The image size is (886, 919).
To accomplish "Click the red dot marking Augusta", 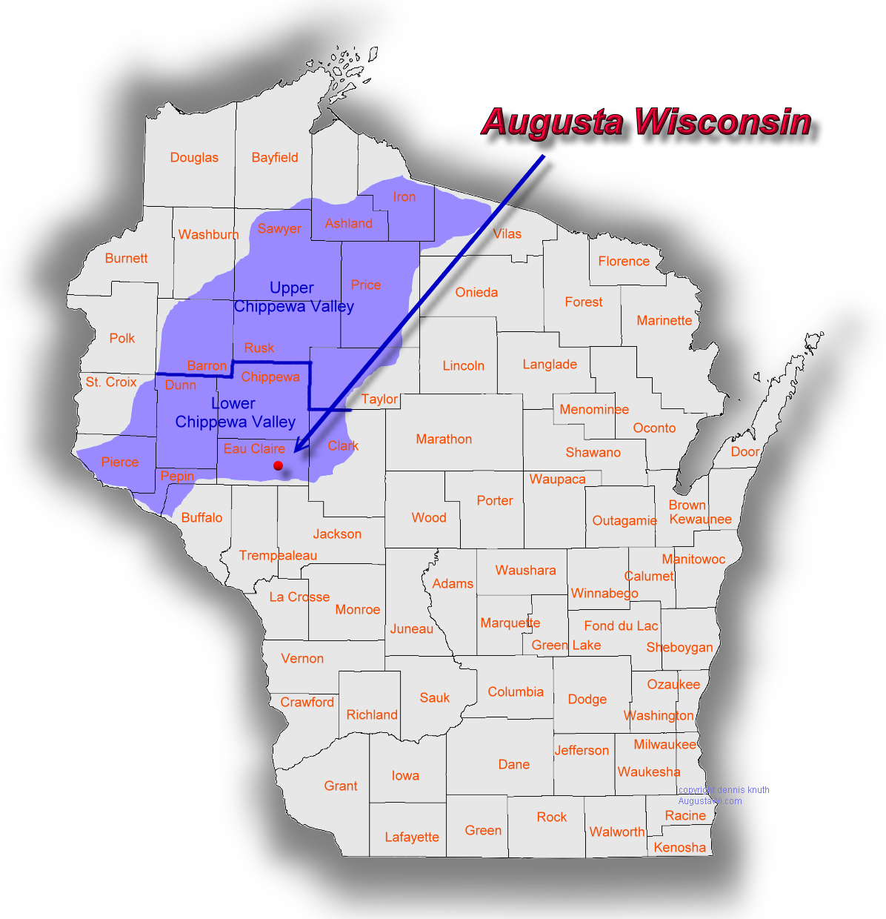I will pyautogui.click(x=278, y=465).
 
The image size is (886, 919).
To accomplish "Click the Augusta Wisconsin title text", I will pyautogui.click(x=646, y=122).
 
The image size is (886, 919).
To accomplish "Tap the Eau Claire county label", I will pyautogui.click(x=254, y=448).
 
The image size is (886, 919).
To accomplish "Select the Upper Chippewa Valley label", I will pyautogui.click(x=293, y=297).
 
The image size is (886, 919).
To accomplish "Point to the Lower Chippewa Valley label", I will pyautogui.click(x=235, y=413).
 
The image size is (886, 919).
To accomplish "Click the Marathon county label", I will pyautogui.click(x=444, y=439).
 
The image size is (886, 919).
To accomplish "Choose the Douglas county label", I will pyautogui.click(x=194, y=157).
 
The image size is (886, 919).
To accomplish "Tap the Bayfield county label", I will pyautogui.click(x=275, y=157).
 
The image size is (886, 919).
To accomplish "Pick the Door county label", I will pyautogui.click(x=745, y=451).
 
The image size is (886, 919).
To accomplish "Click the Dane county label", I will pyautogui.click(x=513, y=764).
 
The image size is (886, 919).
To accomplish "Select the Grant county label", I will pyautogui.click(x=341, y=786).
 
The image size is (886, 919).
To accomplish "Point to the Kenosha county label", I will pyautogui.click(x=679, y=847).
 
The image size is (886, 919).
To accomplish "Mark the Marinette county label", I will pyautogui.click(x=664, y=320).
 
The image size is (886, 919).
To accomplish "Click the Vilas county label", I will pyautogui.click(x=507, y=233).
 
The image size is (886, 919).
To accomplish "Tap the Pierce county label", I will pyautogui.click(x=120, y=462).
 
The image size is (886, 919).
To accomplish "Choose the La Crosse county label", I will pyautogui.click(x=299, y=597).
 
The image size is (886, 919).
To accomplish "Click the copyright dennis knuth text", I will pyautogui.click(x=724, y=790).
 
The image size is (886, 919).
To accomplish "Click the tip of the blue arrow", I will pyautogui.click(x=295, y=451).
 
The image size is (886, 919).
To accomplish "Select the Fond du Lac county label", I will pyautogui.click(x=621, y=626).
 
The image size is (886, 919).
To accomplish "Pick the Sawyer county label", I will pyautogui.click(x=279, y=228).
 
